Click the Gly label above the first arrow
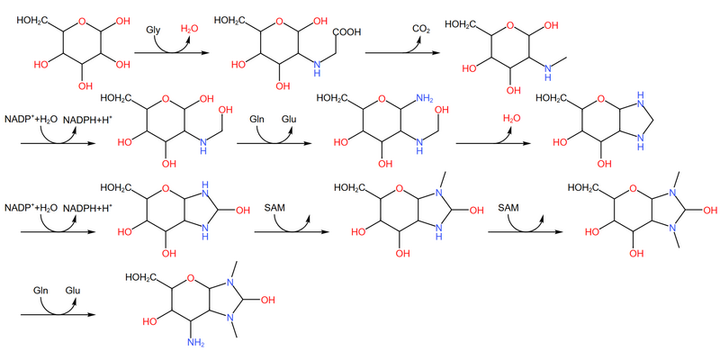(x=154, y=31)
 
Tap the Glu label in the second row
(x=290, y=118)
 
